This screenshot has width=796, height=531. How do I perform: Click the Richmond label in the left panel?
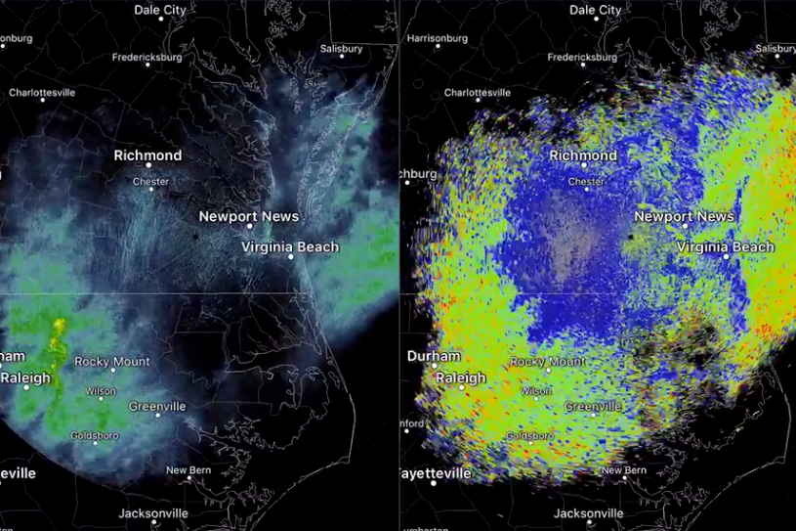147,155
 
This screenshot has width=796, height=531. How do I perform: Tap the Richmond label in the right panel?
583,155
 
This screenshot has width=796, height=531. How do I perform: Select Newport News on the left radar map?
249,216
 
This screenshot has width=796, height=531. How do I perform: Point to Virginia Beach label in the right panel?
726,247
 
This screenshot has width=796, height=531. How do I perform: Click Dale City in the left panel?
160,10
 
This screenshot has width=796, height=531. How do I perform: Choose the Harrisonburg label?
439,39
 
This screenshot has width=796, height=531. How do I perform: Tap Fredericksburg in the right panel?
583,58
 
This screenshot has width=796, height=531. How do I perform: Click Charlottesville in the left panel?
42,93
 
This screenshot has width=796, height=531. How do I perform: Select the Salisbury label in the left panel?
341,49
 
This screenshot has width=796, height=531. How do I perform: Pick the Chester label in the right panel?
586,182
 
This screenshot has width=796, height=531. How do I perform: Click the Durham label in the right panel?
433,356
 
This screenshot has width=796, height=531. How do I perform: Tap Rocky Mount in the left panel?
112,362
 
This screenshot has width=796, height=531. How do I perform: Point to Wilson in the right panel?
536,391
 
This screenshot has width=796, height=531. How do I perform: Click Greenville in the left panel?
157,407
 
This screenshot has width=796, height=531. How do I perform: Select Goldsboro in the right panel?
530,436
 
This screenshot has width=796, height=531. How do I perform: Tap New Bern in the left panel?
189,470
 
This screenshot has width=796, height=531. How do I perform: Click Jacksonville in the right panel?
588,513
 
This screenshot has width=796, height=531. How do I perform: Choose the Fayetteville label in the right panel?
437,474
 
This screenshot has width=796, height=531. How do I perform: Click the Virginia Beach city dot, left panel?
291,257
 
